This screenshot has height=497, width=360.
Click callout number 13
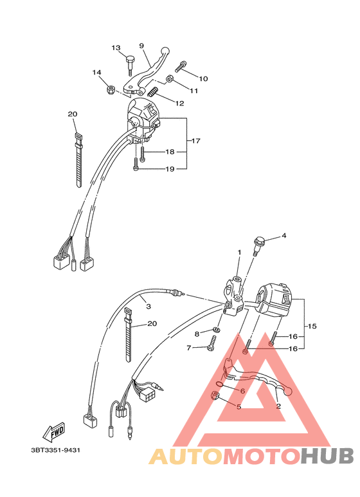[116, 48]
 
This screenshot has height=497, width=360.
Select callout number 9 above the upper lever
[141, 46]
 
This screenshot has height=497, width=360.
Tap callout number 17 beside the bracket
[196, 140]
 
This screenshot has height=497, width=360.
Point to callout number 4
[283, 235]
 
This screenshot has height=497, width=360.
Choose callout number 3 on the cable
[148, 307]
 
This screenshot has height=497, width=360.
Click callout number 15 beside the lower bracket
[313, 327]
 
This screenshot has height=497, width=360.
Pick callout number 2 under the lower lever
[278, 406]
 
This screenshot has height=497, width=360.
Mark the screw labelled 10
[182, 66]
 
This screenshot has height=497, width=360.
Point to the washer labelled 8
[216, 331]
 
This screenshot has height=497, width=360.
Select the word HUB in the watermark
[327, 456]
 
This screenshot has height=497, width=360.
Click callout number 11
[194, 91]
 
